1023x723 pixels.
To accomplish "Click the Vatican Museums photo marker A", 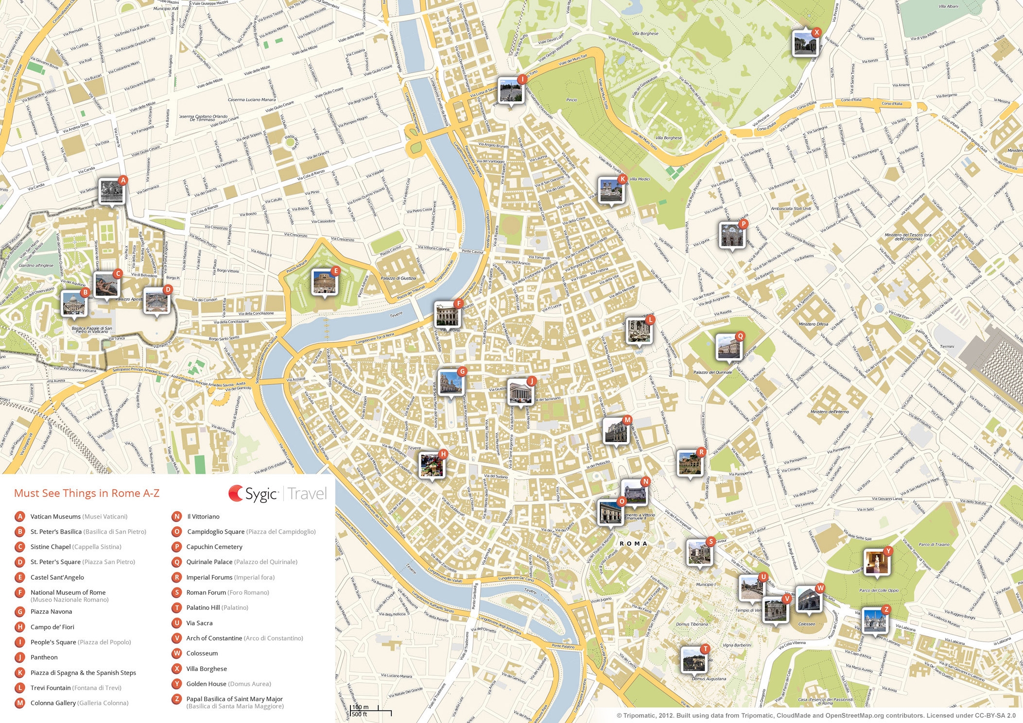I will tap(112, 192).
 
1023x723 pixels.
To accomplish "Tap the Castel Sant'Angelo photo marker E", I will tap(324, 282).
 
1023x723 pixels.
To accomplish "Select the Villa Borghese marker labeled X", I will tap(805, 44).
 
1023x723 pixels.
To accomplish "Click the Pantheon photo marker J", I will tap(520, 391).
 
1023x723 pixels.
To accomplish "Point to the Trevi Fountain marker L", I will tap(639, 330).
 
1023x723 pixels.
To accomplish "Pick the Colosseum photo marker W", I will tap(808, 599).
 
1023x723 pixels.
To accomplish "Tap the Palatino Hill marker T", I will tap(694, 659).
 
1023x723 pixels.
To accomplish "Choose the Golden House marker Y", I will tap(876, 562).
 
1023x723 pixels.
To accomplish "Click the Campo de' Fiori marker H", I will tap(432, 465).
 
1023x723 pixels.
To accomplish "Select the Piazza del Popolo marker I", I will tap(510, 90).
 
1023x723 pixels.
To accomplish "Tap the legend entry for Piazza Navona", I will tap(51, 612).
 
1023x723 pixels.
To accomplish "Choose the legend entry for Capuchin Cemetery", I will tap(214, 547).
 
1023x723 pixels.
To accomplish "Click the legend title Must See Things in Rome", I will tap(87, 493).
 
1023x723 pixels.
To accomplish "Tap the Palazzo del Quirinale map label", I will tap(712, 372).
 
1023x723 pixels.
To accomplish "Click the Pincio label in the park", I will tap(572, 100).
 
